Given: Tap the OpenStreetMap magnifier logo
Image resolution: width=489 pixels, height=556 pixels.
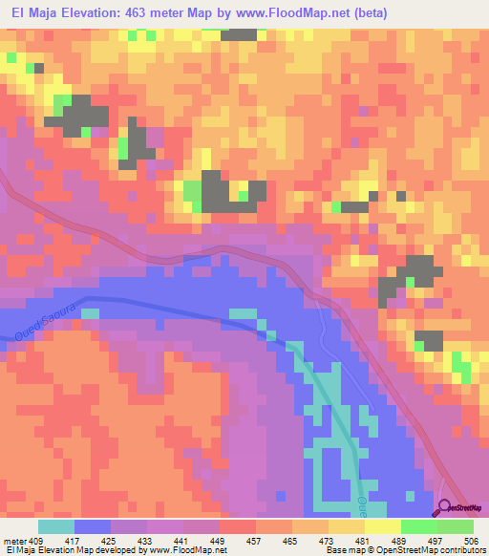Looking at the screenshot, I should pyautogui.click(x=446, y=510).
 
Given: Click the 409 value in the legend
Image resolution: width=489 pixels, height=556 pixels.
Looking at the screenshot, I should pyautogui.click(x=36, y=541).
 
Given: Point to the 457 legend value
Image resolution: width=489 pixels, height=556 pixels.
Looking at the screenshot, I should pyautogui.click(x=254, y=541).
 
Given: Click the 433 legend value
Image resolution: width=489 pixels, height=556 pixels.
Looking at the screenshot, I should pyautogui.click(x=146, y=541).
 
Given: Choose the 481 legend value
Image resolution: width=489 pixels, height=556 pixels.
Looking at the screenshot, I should pyautogui.click(x=362, y=541).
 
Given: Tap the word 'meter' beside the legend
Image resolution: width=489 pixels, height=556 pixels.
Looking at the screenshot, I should pyautogui.click(x=13, y=541).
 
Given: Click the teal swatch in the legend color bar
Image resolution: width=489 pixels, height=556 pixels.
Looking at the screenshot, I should pyautogui.click(x=56, y=526).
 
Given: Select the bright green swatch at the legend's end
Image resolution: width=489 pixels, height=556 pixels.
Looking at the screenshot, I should pyautogui.click(x=456, y=526).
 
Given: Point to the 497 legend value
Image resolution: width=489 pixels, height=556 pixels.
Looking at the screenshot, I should pyautogui.click(x=434, y=541).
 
